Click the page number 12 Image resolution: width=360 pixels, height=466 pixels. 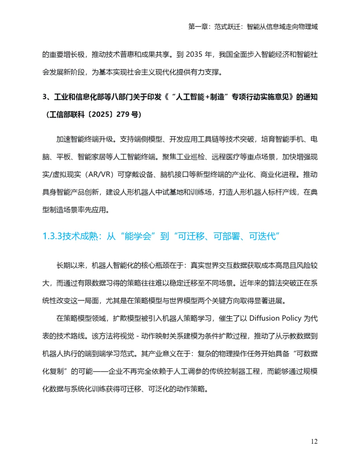click(x=314, y=441)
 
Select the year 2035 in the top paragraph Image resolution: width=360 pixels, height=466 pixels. click(x=194, y=54)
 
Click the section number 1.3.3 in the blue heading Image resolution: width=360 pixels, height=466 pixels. click(x=52, y=236)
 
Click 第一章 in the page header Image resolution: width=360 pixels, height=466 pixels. click(x=198, y=27)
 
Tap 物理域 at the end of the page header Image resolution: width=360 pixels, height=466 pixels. click(x=308, y=27)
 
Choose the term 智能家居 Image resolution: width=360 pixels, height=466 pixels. click(x=92, y=157)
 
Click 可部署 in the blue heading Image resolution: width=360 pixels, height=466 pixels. click(x=227, y=236)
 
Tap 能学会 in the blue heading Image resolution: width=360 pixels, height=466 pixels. click(x=138, y=236)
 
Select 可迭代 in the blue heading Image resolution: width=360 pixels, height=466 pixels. click(x=262, y=236)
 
